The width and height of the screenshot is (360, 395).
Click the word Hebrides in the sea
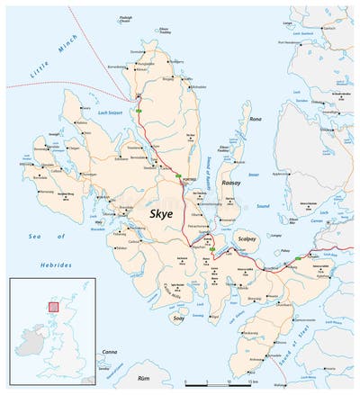[54, 266]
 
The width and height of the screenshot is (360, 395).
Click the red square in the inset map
[53, 307]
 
